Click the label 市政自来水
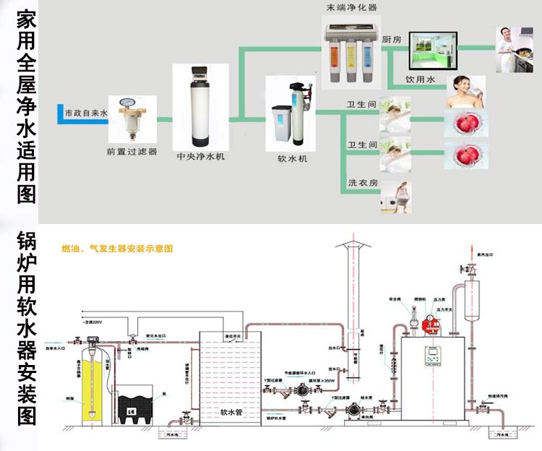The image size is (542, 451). pos(85,113)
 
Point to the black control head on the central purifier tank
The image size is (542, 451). pos(200,74)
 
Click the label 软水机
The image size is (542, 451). pos(292,158)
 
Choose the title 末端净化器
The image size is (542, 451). pos(352,8)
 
